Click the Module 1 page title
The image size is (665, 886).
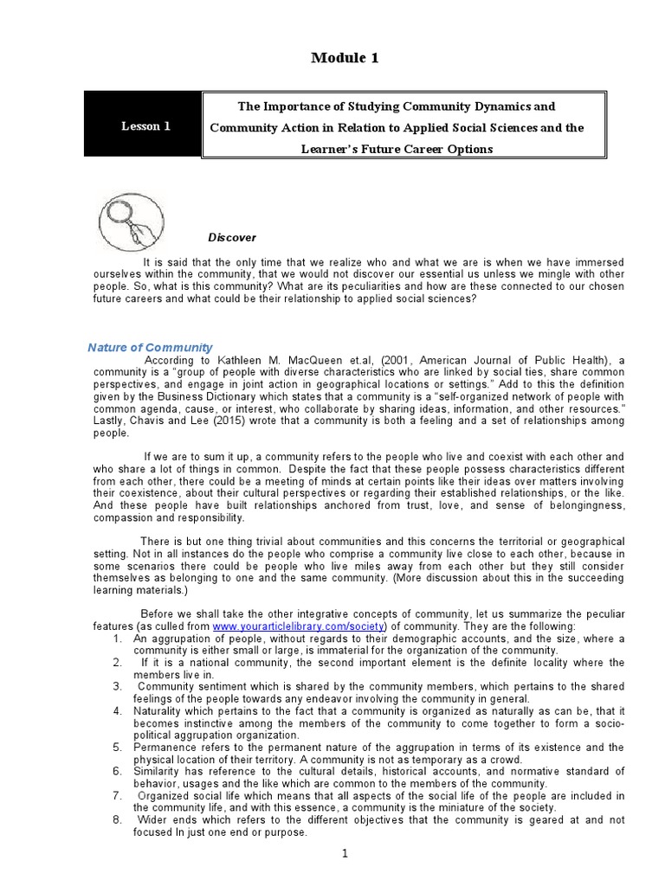click(x=344, y=58)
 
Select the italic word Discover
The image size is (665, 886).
click(x=232, y=237)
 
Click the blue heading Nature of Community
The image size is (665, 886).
click(x=150, y=347)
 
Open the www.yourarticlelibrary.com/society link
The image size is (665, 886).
click(x=274, y=626)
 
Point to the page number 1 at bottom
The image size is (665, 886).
click(x=344, y=853)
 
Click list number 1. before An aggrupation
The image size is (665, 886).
click(x=118, y=638)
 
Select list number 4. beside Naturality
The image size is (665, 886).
click(x=118, y=709)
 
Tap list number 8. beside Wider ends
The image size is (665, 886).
click(x=118, y=819)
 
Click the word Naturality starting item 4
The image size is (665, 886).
click(x=160, y=709)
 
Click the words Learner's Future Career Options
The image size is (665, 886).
click(x=397, y=149)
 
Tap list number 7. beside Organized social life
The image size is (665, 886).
click(x=118, y=794)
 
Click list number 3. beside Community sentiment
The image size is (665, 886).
click(x=118, y=686)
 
